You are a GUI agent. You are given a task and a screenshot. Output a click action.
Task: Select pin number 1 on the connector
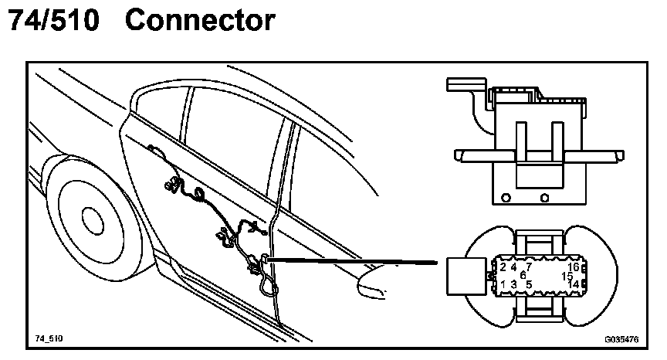(503, 284)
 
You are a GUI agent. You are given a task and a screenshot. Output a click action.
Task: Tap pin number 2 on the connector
(503, 267)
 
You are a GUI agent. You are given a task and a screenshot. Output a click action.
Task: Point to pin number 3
(514, 284)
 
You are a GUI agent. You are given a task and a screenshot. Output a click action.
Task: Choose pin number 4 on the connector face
(514, 267)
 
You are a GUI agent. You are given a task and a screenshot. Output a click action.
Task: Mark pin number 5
(529, 284)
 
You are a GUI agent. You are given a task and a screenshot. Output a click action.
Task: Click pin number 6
(523, 275)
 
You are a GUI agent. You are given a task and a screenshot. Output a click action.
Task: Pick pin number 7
(529, 267)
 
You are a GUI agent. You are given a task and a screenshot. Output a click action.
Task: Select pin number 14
(573, 284)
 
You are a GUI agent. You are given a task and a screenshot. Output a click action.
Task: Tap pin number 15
(567, 276)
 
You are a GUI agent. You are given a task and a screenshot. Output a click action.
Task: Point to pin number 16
(573, 267)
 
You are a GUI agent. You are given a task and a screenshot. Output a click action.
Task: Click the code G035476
(619, 338)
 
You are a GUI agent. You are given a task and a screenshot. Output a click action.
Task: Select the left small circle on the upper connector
(506, 197)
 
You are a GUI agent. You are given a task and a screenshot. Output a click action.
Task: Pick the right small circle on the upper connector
(545, 197)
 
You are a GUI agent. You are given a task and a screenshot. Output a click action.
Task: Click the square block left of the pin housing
(466, 275)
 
